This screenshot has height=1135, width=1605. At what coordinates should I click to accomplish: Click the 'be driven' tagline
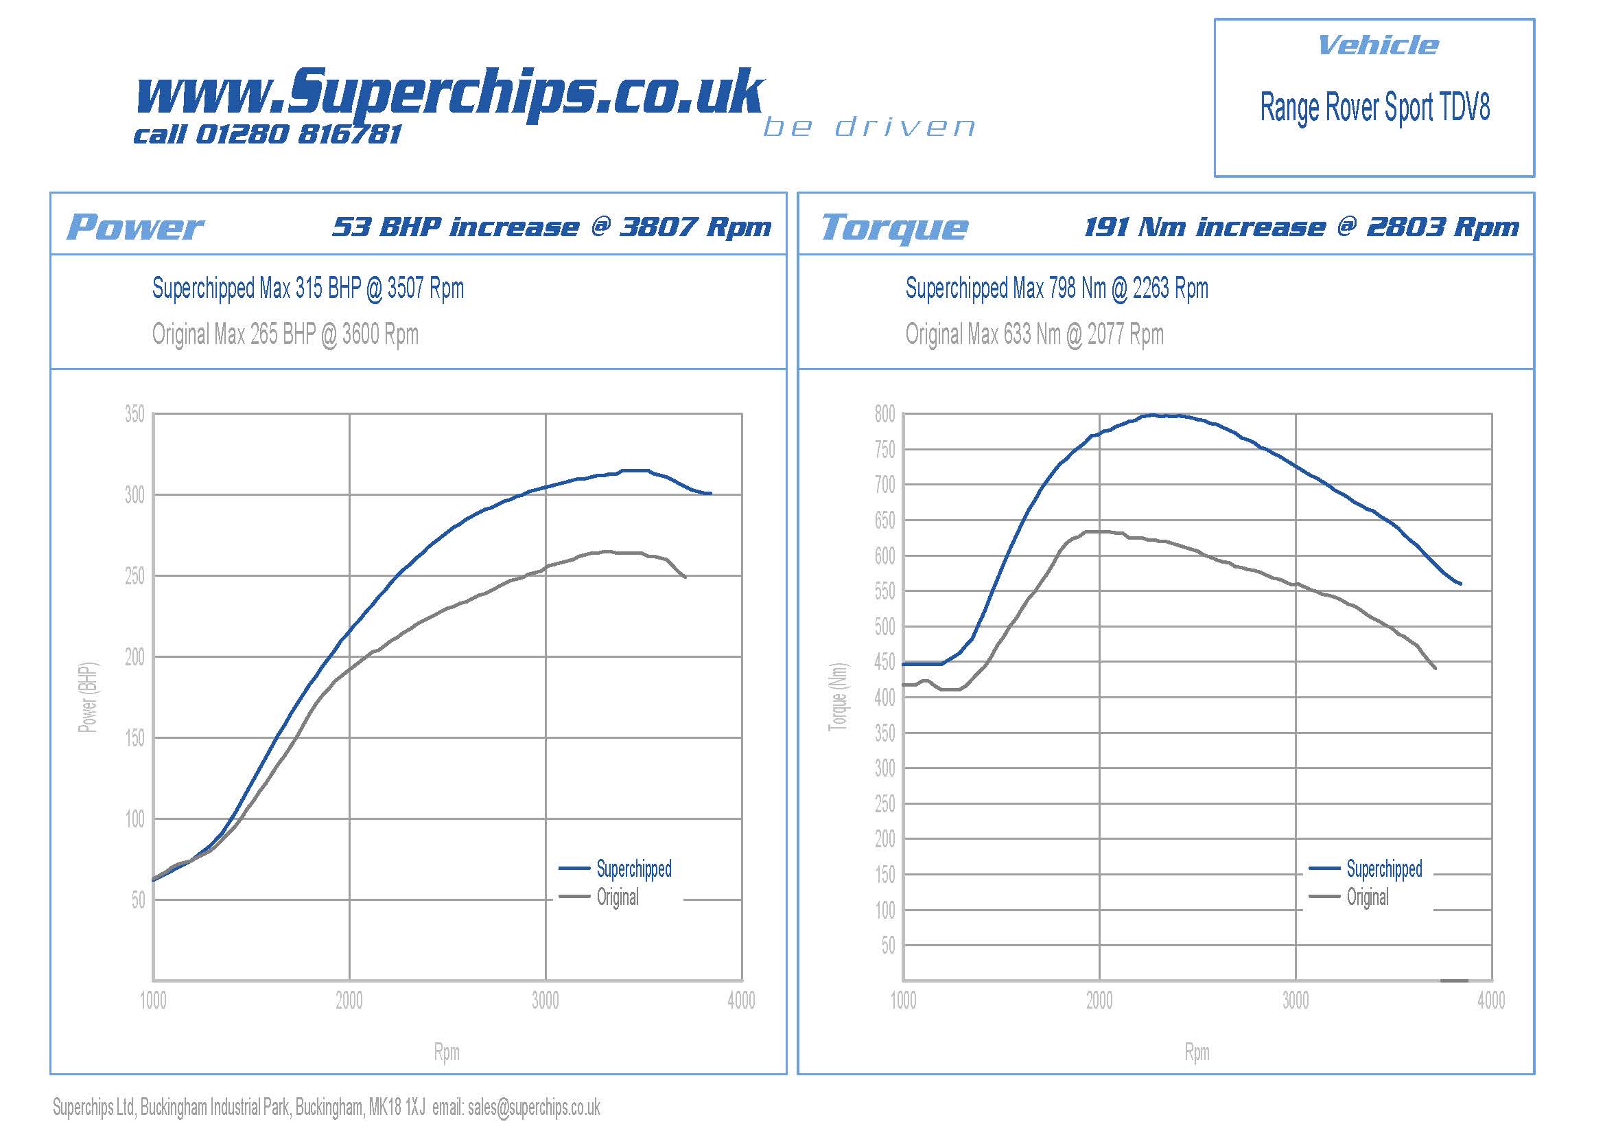click(x=869, y=127)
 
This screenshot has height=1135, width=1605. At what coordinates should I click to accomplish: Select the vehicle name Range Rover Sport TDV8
click(x=1374, y=108)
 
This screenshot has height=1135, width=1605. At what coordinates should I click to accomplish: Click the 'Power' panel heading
click(x=135, y=227)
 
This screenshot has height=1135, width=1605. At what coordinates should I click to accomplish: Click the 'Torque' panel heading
click(x=894, y=227)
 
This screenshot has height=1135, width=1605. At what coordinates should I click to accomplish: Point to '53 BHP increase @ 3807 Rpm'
click(x=552, y=227)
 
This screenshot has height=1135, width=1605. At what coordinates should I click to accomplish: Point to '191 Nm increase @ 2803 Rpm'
click(x=1301, y=227)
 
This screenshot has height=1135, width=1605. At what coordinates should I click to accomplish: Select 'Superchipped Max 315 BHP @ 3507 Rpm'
click(x=307, y=288)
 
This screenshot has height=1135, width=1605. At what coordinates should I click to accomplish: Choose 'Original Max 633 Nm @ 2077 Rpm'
click(x=1035, y=334)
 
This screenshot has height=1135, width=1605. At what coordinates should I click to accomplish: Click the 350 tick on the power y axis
click(x=134, y=414)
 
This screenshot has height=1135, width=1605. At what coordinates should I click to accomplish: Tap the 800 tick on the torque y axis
click(x=884, y=414)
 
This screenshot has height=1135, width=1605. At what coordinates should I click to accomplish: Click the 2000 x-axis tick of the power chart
click(x=349, y=1000)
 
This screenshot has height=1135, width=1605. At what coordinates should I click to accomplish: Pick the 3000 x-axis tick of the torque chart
click(x=1296, y=1000)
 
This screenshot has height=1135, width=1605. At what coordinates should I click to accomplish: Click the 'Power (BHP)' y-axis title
click(x=88, y=697)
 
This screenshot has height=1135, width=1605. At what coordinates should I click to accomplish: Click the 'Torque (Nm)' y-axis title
click(x=837, y=697)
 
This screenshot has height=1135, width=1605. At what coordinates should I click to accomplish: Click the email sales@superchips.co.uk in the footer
click(x=534, y=1108)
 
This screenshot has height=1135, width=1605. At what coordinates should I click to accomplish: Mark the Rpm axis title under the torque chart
click(x=1197, y=1052)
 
